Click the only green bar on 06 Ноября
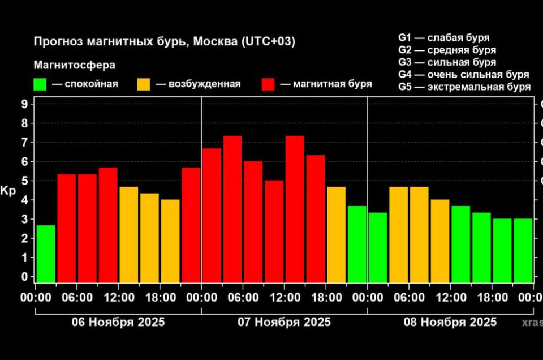tap(46, 254)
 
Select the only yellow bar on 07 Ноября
tap(336, 234)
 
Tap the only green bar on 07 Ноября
tap(357, 244)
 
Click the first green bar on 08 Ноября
tap(377, 247)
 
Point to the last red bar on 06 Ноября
tap(191, 225)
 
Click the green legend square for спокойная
tap(40, 84)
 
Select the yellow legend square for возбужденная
tap(144, 84)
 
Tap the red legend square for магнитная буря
tap(268, 84)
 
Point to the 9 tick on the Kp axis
tap(24, 104)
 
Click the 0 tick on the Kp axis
tap(24, 277)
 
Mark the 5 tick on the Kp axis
tap(24, 181)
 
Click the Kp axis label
tap(8, 190)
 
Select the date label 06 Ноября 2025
tap(118, 322)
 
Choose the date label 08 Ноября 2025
tap(450, 322)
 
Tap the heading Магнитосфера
tap(74, 65)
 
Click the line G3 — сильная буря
tap(447, 62)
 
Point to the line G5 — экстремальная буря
tap(464, 87)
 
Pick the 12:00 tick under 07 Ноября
tap(285, 297)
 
